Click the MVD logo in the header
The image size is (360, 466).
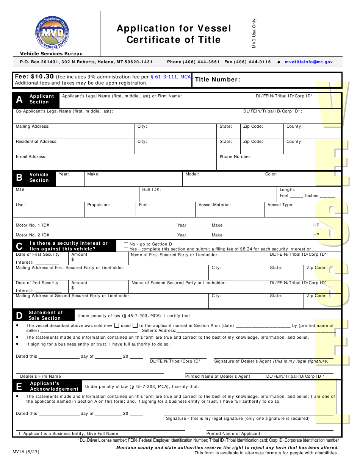click(52, 33)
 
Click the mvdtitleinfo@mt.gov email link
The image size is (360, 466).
click(308, 62)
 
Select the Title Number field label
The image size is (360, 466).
click(218, 80)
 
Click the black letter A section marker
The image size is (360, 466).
click(19, 100)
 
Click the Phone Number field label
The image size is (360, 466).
click(235, 156)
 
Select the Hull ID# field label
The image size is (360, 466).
click(152, 189)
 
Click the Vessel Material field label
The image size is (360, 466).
click(214, 205)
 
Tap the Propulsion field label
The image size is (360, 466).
click(99, 205)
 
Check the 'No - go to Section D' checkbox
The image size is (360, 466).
click(126, 244)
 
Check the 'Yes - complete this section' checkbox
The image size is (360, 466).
click(126, 249)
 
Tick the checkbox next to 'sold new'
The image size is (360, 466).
click(117, 325)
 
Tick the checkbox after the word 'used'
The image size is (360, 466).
click(135, 325)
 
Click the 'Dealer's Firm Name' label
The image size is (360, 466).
click(41, 376)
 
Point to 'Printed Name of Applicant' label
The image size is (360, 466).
click(233, 433)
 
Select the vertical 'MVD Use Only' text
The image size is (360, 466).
click(254, 33)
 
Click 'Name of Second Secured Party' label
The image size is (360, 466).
click(178, 283)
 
